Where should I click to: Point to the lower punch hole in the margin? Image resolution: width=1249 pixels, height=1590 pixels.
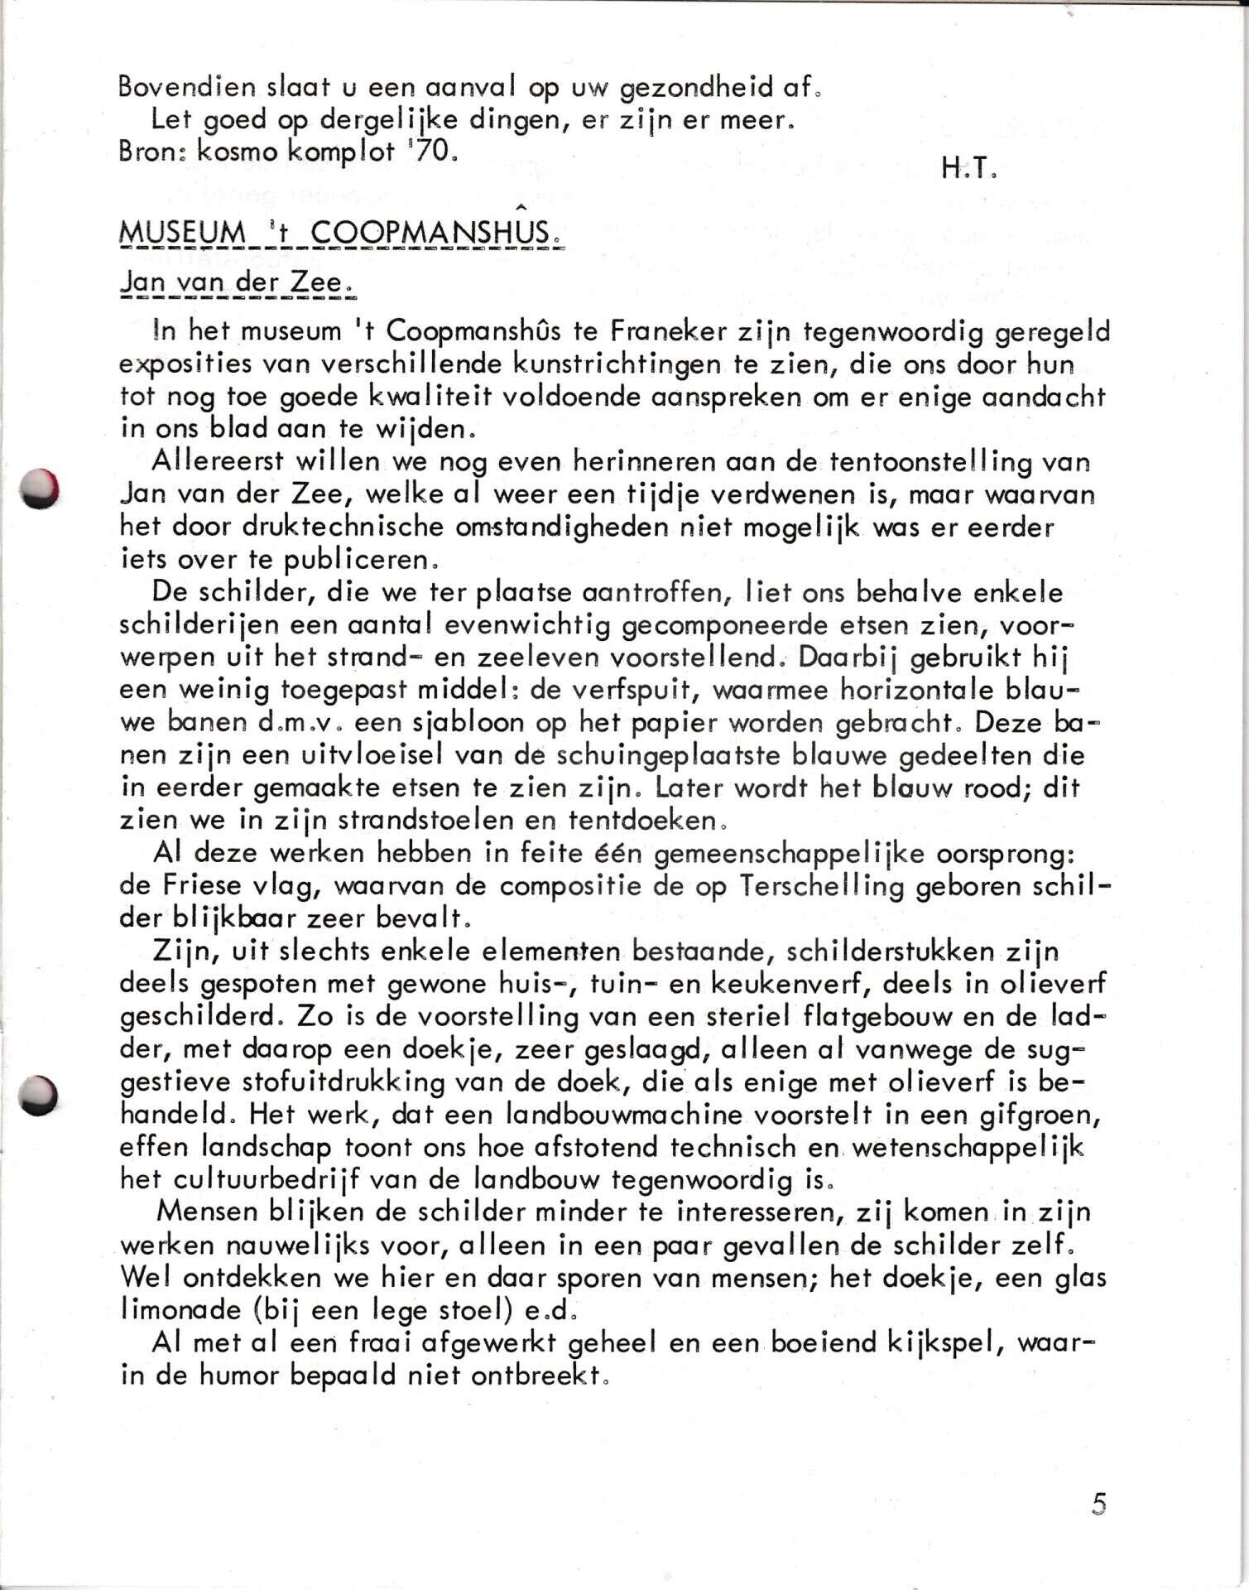pos(39,1095)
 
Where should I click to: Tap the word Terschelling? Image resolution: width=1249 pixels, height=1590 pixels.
pos(843,885)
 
